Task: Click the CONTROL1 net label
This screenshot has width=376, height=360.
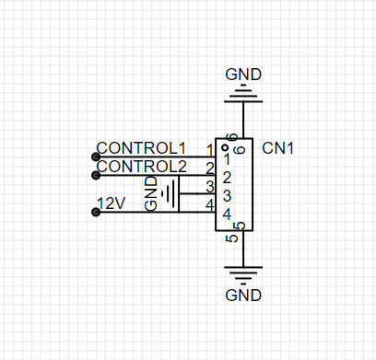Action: click(141, 148)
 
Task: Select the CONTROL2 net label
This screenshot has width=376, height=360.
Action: click(141, 167)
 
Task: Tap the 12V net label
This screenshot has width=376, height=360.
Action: click(112, 203)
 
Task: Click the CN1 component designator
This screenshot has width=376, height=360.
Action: click(277, 148)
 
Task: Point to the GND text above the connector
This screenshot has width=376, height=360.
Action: click(243, 75)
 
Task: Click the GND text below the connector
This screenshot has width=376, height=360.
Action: click(243, 296)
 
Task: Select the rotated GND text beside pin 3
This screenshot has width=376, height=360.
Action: click(151, 193)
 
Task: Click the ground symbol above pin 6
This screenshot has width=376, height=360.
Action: click(243, 93)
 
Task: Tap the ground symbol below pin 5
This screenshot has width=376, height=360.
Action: click(243, 275)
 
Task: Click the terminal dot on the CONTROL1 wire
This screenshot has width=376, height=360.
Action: click(96, 157)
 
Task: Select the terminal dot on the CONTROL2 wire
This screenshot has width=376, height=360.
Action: click(96, 175)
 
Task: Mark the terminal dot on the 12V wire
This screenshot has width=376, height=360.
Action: click(96, 212)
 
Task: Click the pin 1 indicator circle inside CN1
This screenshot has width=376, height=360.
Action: click(225, 148)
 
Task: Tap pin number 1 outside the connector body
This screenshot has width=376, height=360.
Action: click(210, 150)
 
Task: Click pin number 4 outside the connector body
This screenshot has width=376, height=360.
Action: click(209, 205)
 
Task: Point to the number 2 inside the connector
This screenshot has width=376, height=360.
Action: click(227, 178)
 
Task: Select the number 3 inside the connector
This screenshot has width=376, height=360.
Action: click(227, 196)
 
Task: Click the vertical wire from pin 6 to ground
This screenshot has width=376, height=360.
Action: click(243, 120)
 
